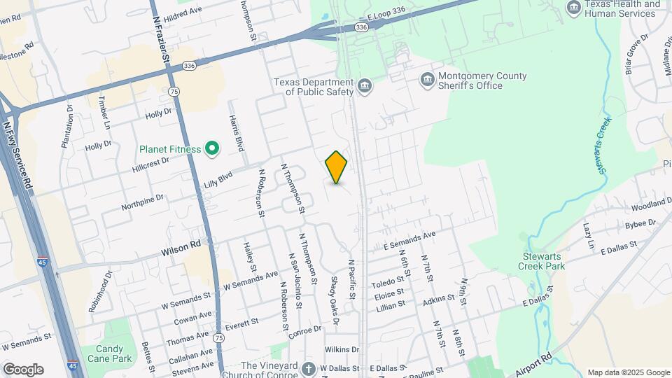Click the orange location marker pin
(336, 167)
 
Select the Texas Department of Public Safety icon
(364, 87)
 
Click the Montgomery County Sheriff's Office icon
(427, 80)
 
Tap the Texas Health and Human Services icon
(574, 8)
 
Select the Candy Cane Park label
(104, 353)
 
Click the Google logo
(23, 370)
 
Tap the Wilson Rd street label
(181, 246)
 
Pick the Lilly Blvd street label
(218, 180)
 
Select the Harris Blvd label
(236, 133)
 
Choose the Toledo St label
(384, 283)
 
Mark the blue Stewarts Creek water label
(601, 147)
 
